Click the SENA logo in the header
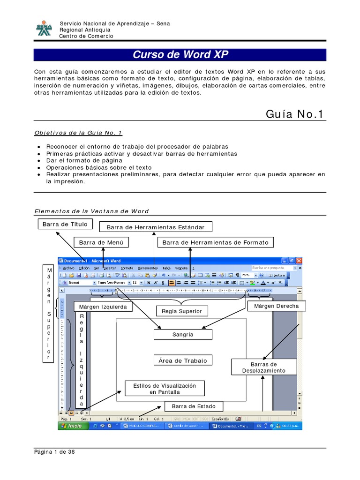[x=45, y=29]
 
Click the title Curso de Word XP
[x=180, y=55]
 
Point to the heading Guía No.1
[x=294, y=114]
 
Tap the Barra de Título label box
[x=65, y=225]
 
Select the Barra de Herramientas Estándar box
[x=155, y=227]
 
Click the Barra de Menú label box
[x=101, y=242]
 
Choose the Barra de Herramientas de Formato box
[x=216, y=242]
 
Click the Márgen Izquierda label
[x=103, y=307]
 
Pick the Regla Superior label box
[x=181, y=311]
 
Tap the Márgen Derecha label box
[x=276, y=306]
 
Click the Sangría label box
[x=182, y=335]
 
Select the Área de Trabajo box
[x=182, y=360]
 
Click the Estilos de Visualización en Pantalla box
[x=165, y=388]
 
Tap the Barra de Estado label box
[x=190, y=406]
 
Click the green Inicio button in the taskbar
[x=72, y=426]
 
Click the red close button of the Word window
[x=299, y=261]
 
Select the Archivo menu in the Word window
[x=68, y=268]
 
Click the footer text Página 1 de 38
[x=54, y=452]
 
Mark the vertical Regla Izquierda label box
[x=82, y=360]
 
